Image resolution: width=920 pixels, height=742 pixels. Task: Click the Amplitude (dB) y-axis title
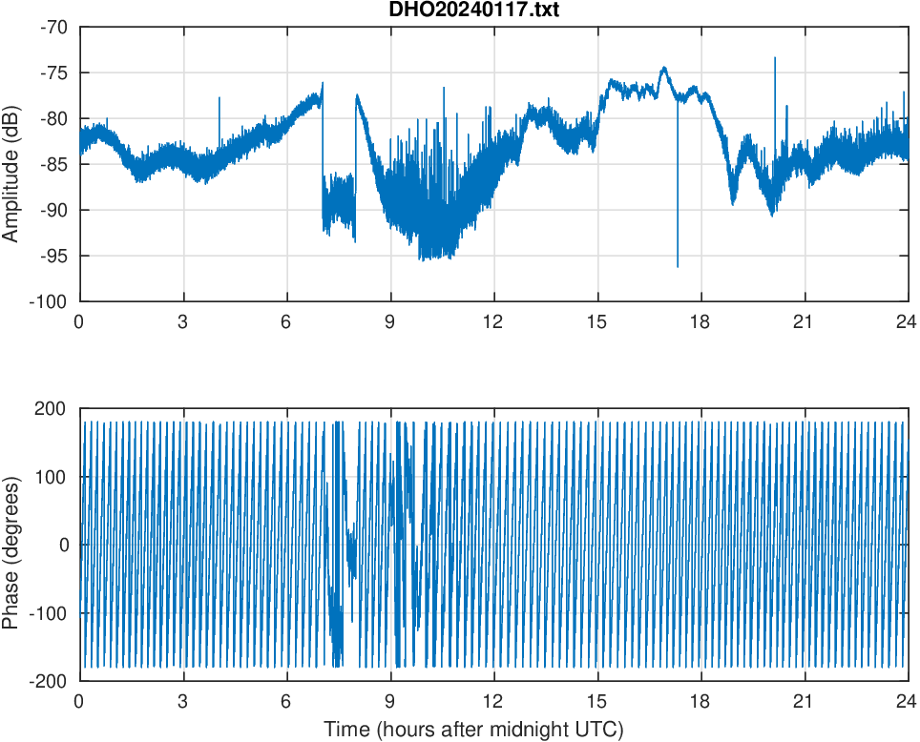(x=11, y=164)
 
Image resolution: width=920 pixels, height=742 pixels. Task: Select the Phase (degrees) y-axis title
(x=11, y=545)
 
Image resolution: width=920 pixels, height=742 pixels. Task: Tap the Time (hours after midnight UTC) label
(x=473, y=730)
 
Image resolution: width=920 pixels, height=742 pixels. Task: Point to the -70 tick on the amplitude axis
(x=54, y=27)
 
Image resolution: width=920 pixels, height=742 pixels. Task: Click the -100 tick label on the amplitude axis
(x=51, y=301)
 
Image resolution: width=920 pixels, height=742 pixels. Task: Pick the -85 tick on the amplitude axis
(x=54, y=164)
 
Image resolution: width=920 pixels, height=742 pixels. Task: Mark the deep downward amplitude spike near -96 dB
(x=678, y=266)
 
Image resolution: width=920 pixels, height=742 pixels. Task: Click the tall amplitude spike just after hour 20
(x=775, y=59)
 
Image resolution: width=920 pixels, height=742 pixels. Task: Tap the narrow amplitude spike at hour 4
(x=219, y=98)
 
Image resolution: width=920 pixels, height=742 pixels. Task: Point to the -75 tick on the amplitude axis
(x=54, y=72)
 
